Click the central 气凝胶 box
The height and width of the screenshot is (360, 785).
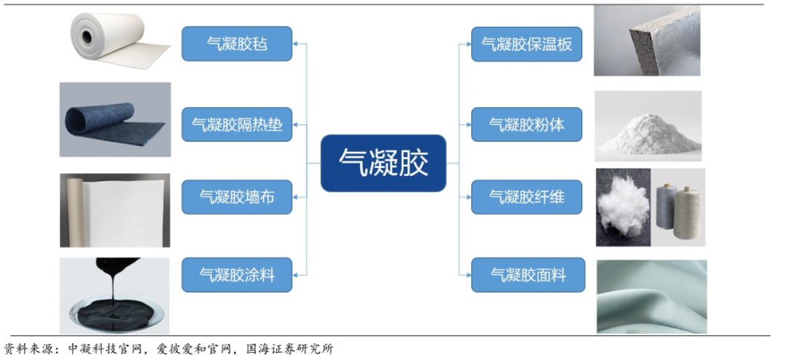383,163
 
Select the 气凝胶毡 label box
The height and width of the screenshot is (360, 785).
237,44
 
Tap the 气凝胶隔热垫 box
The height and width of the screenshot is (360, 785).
237,124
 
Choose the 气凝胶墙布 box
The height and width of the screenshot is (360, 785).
237,197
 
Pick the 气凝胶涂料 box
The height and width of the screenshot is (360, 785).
237,274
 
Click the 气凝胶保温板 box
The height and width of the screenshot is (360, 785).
527,44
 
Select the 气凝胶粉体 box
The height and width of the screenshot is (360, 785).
527,124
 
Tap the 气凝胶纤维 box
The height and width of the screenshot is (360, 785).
527,197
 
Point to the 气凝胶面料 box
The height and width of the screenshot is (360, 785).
528,274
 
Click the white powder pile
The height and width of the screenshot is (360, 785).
648,135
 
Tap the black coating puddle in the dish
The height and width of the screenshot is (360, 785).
114,305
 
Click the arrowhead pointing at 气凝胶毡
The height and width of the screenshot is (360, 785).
295,44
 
